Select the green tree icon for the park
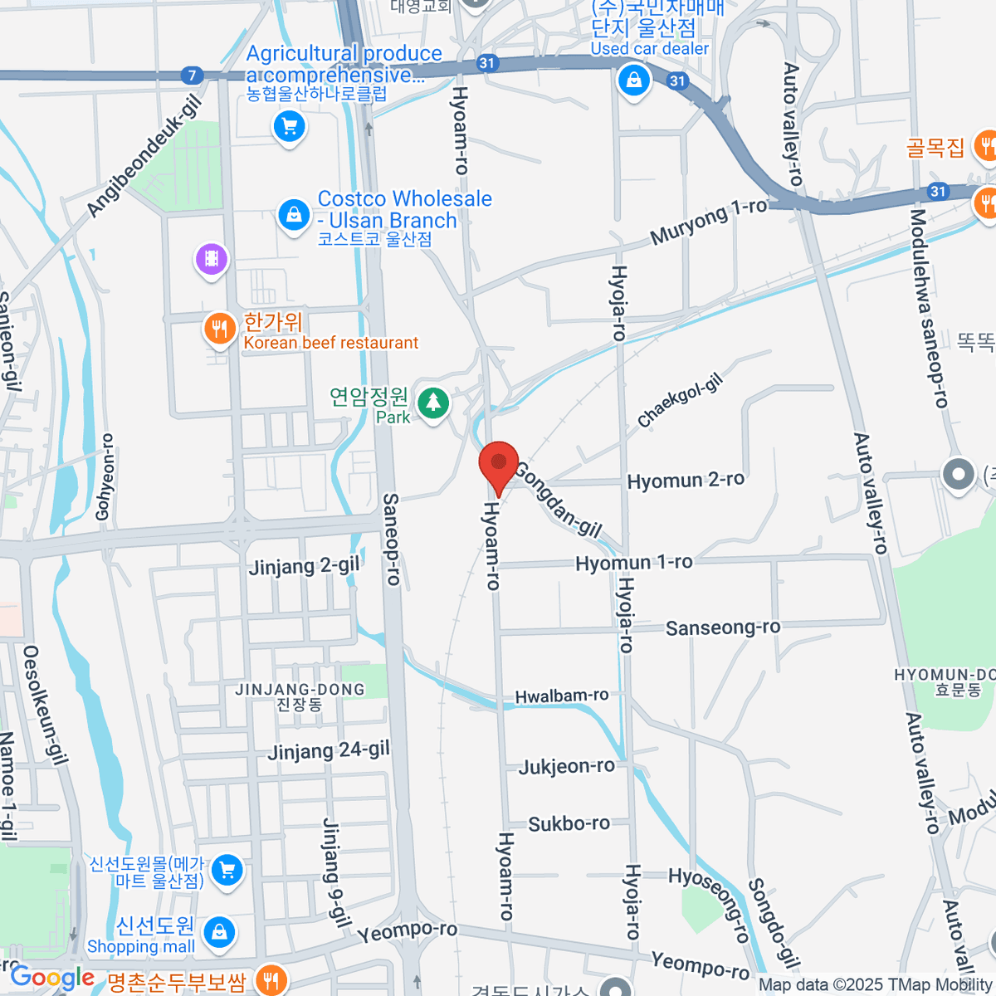pyautogui.click(x=432, y=404)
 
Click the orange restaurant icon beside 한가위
pyautogui.click(x=219, y=330)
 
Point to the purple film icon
pyautogui.click(x=212, y=259)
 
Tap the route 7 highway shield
pyautogui.click(x=192, y=76)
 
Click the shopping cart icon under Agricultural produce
pyautogui.click(x=289, y=127)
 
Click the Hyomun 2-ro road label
pyautogui.click(x=686, y=481)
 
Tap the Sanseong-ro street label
pyautogui.click(x=723, y=627)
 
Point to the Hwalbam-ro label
pyautogui.click(x=562, y=696)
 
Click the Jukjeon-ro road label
pyautogui.click(x=567, y=766)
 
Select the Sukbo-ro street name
pyautogui.click(x=569, y=824)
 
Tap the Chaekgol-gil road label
pyautogui.click(x=681, y=400)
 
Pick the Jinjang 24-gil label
pyautogui.click(x=329, y=751)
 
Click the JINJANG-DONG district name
pyautogui.click(x=300, y=690)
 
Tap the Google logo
pyautogui.click(x=52, y=978)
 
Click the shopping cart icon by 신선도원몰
pyautogui.click(x=227, y=870)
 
